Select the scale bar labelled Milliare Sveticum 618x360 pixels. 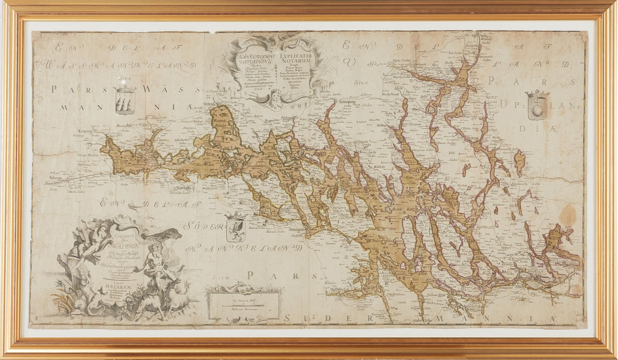click(x=244, y=302)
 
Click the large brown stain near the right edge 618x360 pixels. click(x=568, y=216)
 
